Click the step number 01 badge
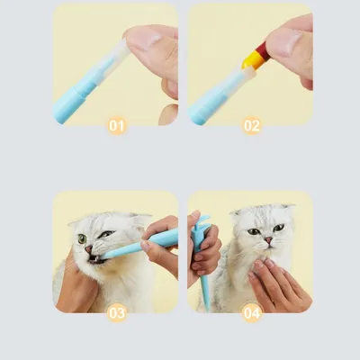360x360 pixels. point(117,125)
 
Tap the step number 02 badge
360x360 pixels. point(252,125)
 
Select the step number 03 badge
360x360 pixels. point(117,313)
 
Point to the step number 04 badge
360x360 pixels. point(252,313)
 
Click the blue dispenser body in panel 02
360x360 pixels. point(207,101)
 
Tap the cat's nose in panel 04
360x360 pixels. point(267,241)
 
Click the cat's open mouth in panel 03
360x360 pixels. point(94,259)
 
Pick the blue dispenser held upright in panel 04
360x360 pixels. point(199,256)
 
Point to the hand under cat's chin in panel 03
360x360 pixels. point(74,288)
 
